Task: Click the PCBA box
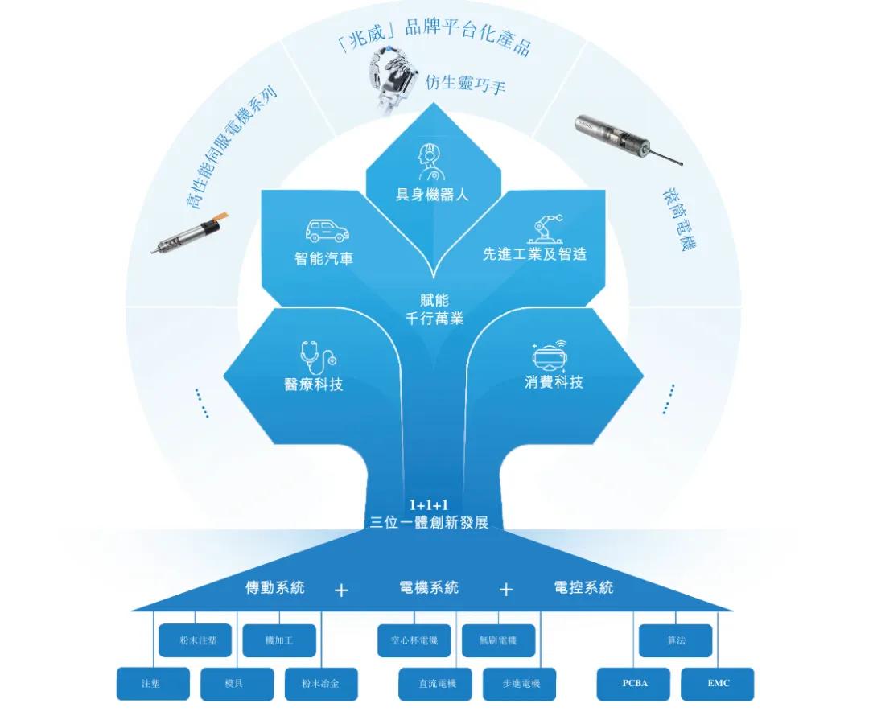coord(634,684)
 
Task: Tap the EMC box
coord(718,684)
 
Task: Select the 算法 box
coord(675,640)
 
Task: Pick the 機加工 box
coord(278,640)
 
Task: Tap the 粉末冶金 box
coord(320,684)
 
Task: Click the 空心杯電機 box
coord(414,640)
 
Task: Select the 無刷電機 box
coord(497,640)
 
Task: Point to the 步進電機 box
coord(521,684)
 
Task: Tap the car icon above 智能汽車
coord(327,231)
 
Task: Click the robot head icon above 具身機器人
coord(431,162)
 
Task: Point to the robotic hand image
coord(393,77)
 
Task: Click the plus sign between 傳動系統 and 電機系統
coord(341,590)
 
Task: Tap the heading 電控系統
coord(583,587)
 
